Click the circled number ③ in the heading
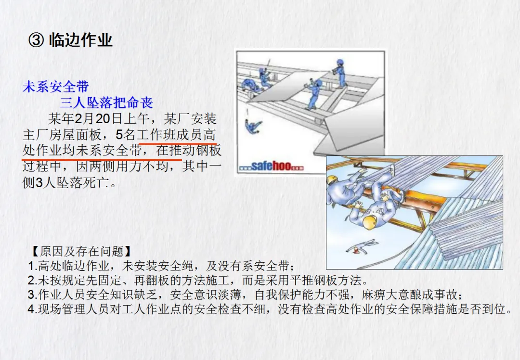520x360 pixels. click(36, 40)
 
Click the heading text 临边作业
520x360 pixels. click(80, 40)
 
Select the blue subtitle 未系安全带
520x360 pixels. click(56, 87)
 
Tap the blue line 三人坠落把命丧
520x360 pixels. click(106, 103)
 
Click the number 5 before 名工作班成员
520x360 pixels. click(119, 135)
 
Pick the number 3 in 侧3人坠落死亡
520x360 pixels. click(39, 183)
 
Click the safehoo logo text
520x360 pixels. click(271, 166)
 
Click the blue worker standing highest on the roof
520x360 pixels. click(339, 74)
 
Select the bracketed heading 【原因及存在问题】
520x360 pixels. click(81, 251)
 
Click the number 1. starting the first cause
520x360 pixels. click(33, 266)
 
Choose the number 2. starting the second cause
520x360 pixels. click(33, 281)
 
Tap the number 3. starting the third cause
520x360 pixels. click(33, 295)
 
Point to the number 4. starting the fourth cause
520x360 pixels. click(33, 309)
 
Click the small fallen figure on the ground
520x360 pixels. click(361, 246)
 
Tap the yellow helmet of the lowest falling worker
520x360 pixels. click(370, 222)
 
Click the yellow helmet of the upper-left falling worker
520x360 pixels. click(332, 180)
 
